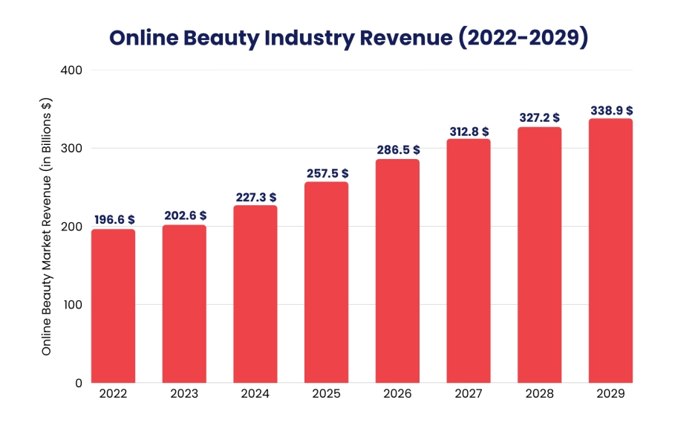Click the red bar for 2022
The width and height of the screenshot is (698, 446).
pyautogui.click(x=114, y=306)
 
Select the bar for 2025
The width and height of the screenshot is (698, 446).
pyautogui.click(x=327, y=282)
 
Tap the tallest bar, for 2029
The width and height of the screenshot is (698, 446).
pyautogui.click(x=610, y=251)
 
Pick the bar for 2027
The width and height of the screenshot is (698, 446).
pyautogui.click(x=469, y=261)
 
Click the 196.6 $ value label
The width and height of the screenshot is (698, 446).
pyautogui.click(x=114, y=220)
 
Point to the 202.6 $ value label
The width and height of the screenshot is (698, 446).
pyautogui.click(x=185, y=216)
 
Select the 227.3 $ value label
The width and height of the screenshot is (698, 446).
pyautogui.click(x=255, y=196)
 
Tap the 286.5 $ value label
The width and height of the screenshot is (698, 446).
pyautogui.click(x=398, y=150)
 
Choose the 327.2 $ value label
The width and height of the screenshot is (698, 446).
pyautogui.click(x=540, y=118)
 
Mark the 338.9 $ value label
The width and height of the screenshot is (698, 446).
pyautogui.click(x=611, y=110)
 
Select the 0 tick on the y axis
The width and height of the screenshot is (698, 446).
pyautogui.click(x=77, y=383)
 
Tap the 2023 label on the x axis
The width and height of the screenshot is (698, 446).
pyautogui.click(x=184, y=394)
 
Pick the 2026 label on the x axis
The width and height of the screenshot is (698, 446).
pyautogui.click(x=397, y=394)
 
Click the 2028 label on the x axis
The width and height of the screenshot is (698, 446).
pyautogui.click(x=540, y=394)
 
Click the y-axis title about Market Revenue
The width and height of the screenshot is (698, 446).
pyautogui.click(x=47, y=226)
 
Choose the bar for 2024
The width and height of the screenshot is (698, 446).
pyautogui.click(x=255, y=294)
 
